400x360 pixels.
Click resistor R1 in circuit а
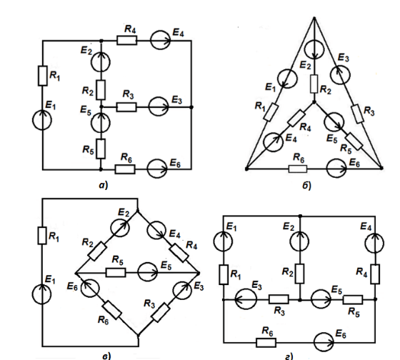coord(43,76)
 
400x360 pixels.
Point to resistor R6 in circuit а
coord(125,169)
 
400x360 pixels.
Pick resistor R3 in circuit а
coord(126,107)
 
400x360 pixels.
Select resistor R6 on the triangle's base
coord(298,169)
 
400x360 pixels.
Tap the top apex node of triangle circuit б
coord(314,18)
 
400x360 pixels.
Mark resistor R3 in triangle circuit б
coord(357,114)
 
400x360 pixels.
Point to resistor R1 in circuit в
coord(42,236)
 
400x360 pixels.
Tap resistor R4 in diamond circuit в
coord(179,253)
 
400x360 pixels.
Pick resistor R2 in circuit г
coord(299,274)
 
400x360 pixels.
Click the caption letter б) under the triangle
coord(307,186)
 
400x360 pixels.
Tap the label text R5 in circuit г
coord(354,312)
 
